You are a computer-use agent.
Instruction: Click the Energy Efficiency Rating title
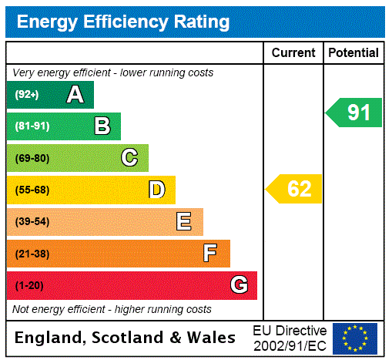(x=123, y=22)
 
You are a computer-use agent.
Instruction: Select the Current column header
(x=293, y=53)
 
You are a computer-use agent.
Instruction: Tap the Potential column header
(x=353, y=53)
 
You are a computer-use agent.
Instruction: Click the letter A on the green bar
(x=75, y=95)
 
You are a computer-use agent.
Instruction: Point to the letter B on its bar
(x=102, y=126)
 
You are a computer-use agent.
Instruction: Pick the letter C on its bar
(x=129, y=158)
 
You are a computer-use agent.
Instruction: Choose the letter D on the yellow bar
(x=157, y=190)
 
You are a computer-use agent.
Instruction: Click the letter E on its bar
(x=184, y=222)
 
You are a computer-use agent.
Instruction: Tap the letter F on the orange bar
(x=210, y=254)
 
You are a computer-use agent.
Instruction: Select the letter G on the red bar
(x=239, y=285)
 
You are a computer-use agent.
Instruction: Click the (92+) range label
(x=27, y=95)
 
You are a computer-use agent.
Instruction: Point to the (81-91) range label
(x=32, y=126)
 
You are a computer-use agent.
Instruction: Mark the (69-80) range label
(x=32, y=158)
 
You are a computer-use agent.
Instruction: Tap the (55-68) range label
(x=32, y=190)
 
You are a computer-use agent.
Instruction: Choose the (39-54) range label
(x=32, y=222)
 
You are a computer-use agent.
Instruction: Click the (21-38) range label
(x=32, y=254)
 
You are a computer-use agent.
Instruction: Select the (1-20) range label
(x=29, y=286)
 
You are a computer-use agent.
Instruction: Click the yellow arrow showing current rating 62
(x=294, y=189)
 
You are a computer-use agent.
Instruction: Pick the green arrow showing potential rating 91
(x=354, y=113)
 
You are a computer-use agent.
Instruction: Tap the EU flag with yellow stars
(x=355, y=338)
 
